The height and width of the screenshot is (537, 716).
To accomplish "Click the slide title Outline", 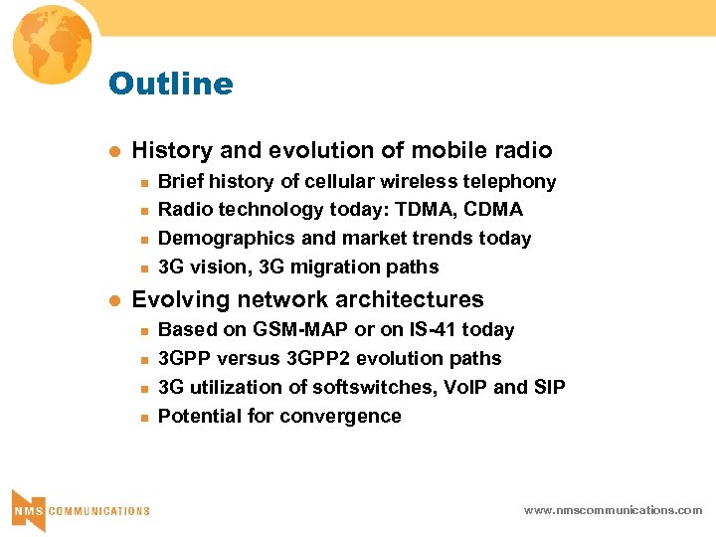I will [x=170, y=84].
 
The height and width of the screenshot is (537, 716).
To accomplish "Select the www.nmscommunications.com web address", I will [x=613, y=510].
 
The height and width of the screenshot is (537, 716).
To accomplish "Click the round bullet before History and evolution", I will [x=114, y=151].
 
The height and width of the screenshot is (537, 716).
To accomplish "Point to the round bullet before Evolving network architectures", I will [x=114, y=300].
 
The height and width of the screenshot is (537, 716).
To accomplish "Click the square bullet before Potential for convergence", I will [x=143, y=417].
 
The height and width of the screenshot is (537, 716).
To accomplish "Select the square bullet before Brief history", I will [x=143, y=182].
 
